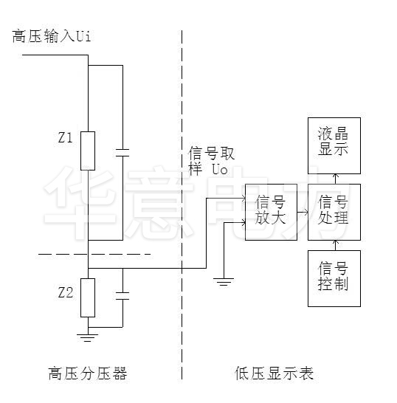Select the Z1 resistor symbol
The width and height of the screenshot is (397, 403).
pos(88,151)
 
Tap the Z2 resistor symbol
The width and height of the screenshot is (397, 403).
pos(88,297)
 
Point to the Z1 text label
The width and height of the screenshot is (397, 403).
pos(64,137)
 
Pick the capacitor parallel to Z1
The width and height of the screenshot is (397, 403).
pos(122,153)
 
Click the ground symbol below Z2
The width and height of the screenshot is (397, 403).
pos(88,337)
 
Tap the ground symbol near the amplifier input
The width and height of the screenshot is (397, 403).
pos(223,280)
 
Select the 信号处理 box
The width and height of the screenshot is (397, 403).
pos(334,212)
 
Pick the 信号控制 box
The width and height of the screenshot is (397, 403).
pos(334,278)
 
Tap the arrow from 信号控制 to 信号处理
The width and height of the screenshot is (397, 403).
pos(334,244)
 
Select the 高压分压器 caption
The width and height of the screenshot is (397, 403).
pos(86,373)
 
